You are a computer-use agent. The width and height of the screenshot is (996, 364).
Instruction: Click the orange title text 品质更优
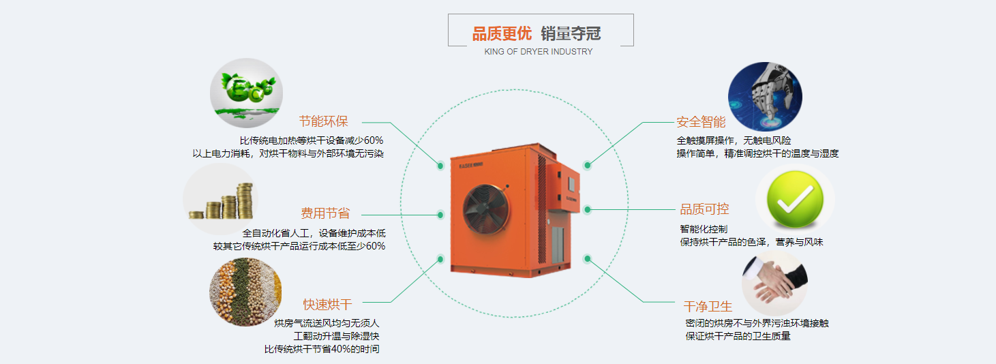(502, 34)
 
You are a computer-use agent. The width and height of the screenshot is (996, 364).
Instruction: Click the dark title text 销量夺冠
(571, 34)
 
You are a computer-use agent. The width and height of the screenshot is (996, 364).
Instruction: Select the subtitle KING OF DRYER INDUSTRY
(539, 52)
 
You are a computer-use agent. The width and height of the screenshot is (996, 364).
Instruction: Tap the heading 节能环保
(323, 121)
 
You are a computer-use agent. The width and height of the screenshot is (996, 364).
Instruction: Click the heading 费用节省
(325, 213)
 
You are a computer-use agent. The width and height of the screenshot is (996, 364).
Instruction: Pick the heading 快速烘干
(328, 305)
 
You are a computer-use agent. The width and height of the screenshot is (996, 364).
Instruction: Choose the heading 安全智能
(701, 122)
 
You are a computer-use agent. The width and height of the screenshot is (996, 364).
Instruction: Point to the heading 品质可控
(704, 209)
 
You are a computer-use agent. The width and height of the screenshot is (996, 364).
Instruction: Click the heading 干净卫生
(708, 306)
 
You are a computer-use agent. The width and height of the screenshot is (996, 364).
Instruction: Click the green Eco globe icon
(246, 93)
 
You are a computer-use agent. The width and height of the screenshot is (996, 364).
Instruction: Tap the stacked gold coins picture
(221, 199)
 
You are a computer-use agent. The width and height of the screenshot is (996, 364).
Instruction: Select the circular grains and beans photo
(245, 292)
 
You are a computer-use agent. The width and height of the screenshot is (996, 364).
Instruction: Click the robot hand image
(765, 97)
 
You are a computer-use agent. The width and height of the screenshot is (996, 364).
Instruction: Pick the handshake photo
(775, 283)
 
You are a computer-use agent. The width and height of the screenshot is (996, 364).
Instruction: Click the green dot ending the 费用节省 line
(440, 215)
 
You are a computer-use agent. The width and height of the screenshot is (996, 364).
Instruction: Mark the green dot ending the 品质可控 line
(588, 209)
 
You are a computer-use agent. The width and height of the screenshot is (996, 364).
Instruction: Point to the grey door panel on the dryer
(558, 245)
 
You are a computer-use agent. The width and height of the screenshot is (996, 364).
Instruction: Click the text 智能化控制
(704, 229)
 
